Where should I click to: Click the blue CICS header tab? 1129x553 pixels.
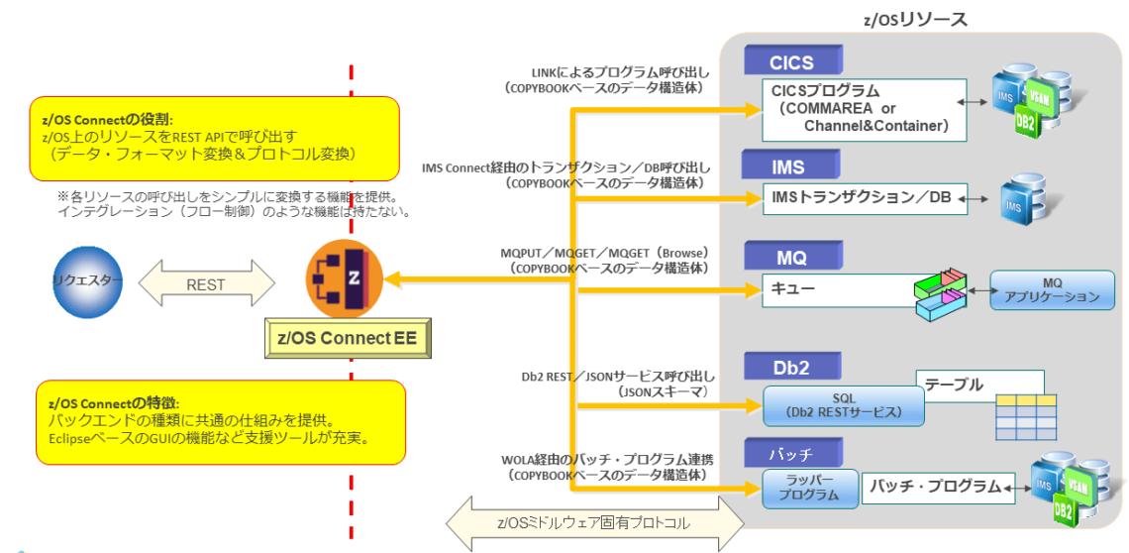pos(791,62)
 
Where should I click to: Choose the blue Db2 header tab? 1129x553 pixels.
pos(790,367)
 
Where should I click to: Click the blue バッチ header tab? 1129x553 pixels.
pos(790,454)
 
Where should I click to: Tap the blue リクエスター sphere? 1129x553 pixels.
pos(88,281)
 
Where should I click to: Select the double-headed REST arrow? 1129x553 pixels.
pos(205,283)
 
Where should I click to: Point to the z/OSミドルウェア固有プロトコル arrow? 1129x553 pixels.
pos(593,522)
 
